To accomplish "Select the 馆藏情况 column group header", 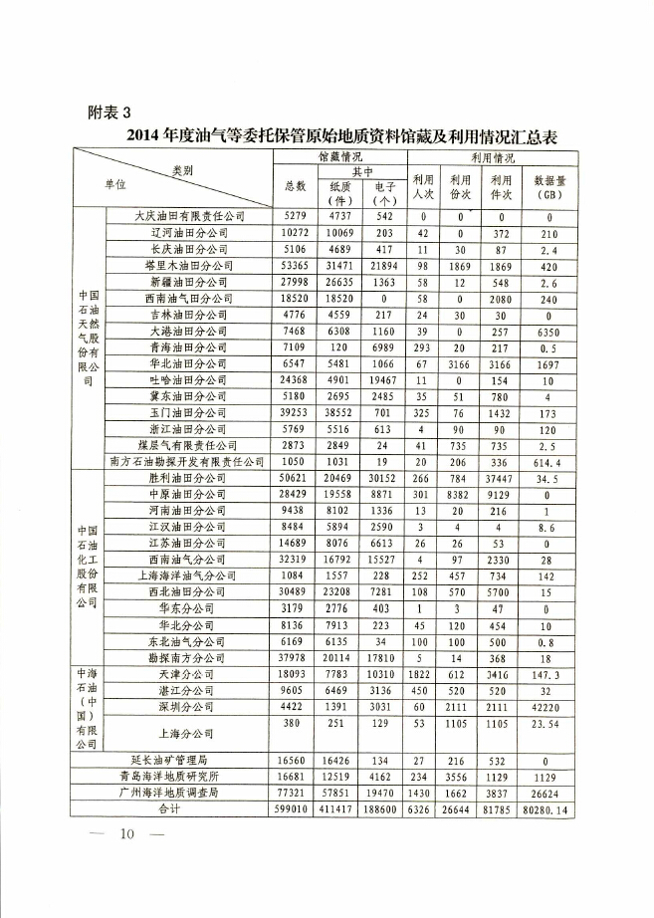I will [339, 157].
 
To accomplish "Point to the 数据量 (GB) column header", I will [549, 187].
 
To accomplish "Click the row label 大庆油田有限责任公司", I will [188, 215].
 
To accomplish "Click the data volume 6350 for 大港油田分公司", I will [549, 331].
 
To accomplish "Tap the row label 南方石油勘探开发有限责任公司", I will [188, 461].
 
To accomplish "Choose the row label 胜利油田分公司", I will [188, 477].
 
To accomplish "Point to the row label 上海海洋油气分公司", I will [188, 575].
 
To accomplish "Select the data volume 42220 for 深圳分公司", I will [549, 706].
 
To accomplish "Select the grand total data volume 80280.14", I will [549, 809].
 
